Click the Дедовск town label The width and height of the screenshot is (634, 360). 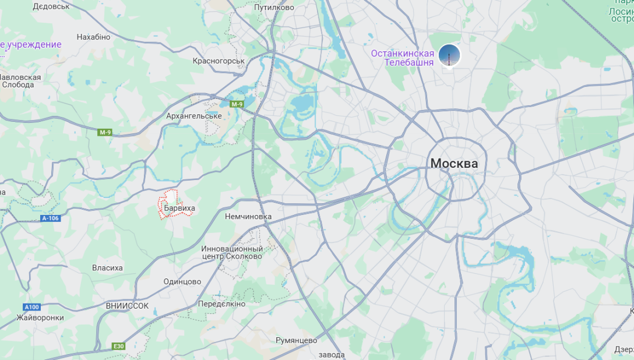(51, 6)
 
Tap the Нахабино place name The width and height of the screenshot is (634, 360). (93, 37)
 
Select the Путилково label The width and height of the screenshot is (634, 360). (274, 8)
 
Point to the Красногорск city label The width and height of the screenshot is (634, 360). (219, 61)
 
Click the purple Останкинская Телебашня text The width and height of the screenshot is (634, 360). (403, 58)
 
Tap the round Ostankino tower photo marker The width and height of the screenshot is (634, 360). (449, 55)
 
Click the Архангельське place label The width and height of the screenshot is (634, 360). (194, 116)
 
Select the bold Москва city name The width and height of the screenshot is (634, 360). (454, 164)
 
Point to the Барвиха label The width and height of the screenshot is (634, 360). (179, 208)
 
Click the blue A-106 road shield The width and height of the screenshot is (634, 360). (51, 218)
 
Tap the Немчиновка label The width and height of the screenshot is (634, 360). (248, 216)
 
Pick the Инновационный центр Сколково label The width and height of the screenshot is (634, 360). (232, 252)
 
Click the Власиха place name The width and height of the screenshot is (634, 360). (108, 268)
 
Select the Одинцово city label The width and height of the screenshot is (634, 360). (182, 281)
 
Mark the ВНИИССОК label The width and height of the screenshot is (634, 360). (127, 305)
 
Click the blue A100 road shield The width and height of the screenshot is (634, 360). (31, 307)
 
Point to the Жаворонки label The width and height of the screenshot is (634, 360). (40, 317)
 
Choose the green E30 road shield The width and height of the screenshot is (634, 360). (118, 346)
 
